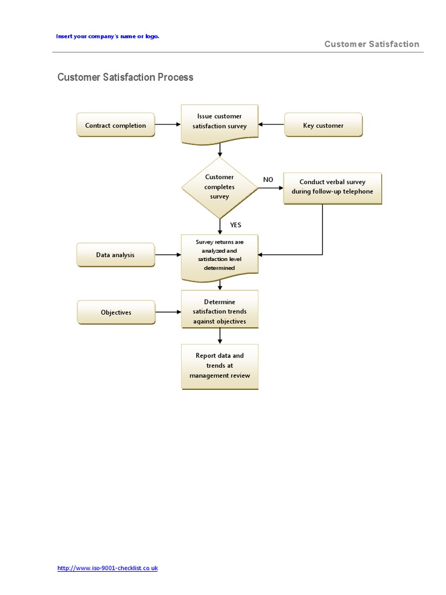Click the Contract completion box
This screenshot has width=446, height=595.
(116, 125)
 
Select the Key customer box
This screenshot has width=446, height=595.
(323, 125)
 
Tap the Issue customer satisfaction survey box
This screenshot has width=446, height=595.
(220, 121)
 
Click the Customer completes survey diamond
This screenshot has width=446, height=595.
(220, 187)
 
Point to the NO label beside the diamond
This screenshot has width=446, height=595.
(268, 180)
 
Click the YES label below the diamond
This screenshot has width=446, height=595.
(235, 225)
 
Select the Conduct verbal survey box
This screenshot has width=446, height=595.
(332, 187)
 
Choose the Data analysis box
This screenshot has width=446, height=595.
(116, 255)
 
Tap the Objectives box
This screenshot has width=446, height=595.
(116, 312)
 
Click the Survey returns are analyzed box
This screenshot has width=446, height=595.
(220, 255)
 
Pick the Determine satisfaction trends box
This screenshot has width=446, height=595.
(220, 311)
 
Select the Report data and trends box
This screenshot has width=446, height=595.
(220, 365)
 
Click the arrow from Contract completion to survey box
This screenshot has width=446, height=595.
(168, 124)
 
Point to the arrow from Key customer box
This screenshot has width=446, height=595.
(271, 124)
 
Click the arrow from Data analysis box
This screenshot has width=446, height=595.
(168, 255)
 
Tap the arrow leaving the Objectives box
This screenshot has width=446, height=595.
(168, 312)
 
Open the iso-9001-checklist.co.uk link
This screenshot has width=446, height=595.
(107, 568)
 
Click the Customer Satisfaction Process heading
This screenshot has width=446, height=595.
(125, 77)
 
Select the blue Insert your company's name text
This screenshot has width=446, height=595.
(107, 36)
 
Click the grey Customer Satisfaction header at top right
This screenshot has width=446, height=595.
(372, 44)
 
